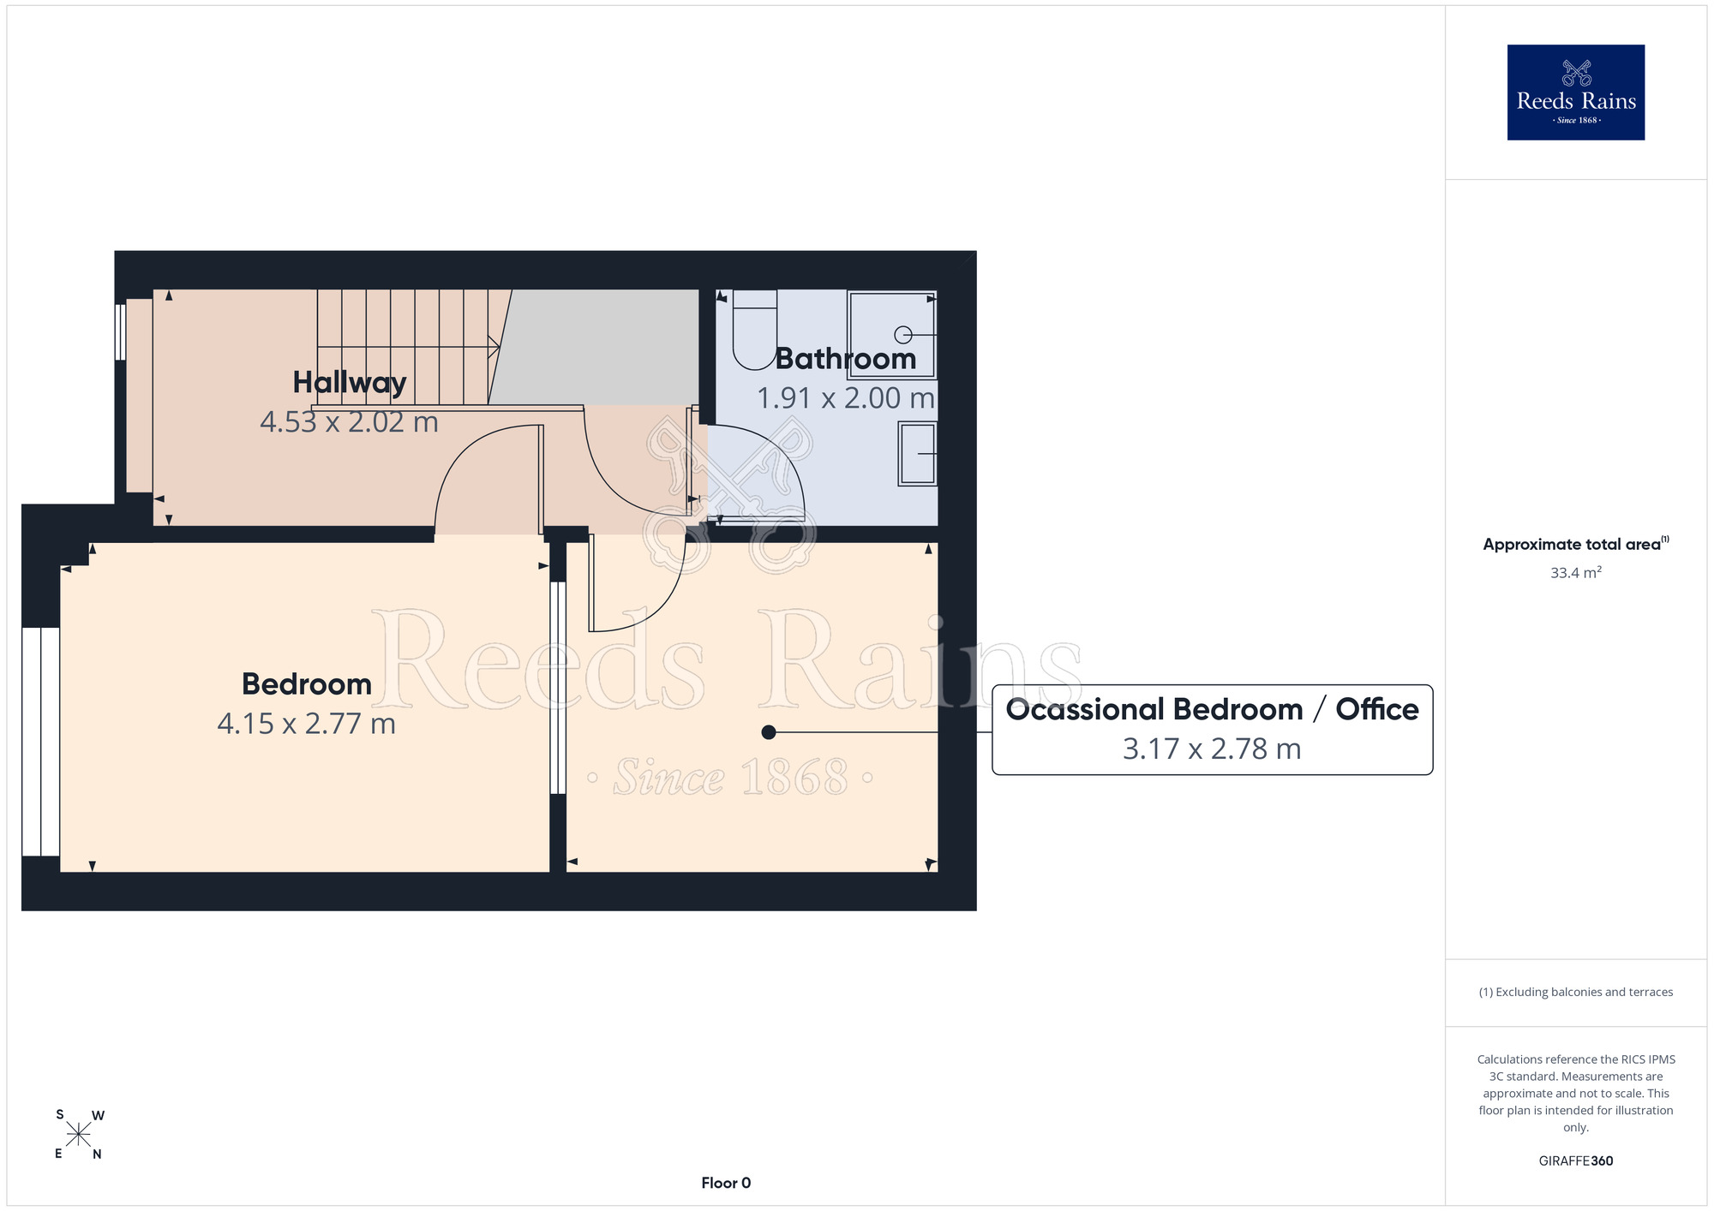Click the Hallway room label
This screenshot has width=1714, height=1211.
pos(350,383)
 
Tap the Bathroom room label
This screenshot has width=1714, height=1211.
pos(846,359)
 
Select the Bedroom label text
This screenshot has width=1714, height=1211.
pos(307,684)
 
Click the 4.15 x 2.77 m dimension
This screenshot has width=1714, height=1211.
pos(307,724)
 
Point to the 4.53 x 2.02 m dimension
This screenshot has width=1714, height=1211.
pos(350,422)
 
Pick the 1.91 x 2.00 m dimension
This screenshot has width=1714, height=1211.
pos(846,398)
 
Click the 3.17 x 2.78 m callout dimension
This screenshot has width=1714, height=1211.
pos(1212,749)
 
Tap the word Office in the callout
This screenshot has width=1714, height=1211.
pos(1377,709)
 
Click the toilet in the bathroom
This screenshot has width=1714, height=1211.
pos(755,330)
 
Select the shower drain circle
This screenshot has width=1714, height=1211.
pos(903,334)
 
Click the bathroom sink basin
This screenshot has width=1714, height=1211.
pos(917,453)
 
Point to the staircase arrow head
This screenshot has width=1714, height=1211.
pos(494,346)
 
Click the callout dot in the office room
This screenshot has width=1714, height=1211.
pos(769,732)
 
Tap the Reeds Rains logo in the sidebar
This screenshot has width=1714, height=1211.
pos(1576,92)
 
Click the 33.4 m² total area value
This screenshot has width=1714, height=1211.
pos(1576,573)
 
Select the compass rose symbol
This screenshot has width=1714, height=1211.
pos(78,1135)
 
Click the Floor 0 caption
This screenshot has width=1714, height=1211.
pos(726,1183)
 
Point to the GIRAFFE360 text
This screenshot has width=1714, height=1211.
pos(1576,1161)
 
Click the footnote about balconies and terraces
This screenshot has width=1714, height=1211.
pos(1576,993)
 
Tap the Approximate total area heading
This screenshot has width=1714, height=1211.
pos(1576,544)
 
